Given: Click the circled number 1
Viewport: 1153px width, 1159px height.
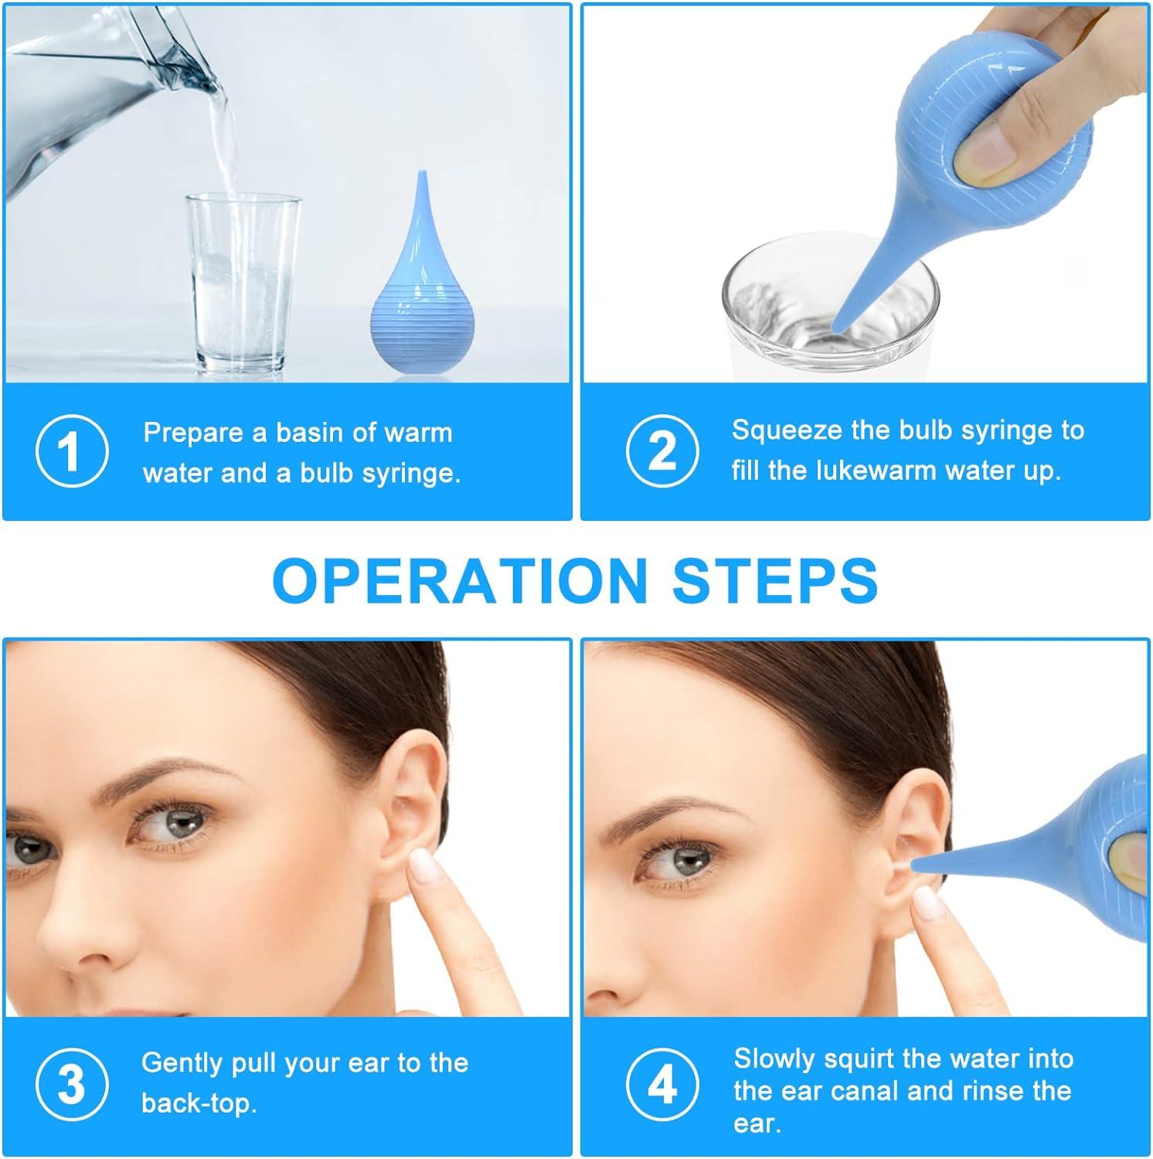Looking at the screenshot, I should coord(71,451).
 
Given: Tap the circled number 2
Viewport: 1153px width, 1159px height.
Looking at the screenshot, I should coord(662,450).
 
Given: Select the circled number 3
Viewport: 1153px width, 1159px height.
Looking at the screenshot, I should coord(71,1084).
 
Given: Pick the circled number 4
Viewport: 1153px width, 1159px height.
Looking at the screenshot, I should coord(662,1084).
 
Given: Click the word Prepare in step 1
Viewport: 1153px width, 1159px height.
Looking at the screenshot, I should coord(194,433).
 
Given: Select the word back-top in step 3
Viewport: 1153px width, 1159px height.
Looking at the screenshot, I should coord(199,1103).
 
